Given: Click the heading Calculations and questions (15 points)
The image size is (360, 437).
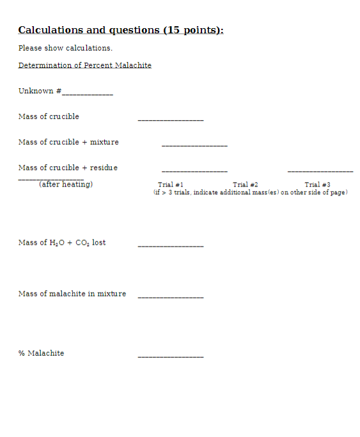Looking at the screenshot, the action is tap(121, 30).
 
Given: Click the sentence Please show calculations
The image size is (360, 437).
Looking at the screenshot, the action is tap(65, 48).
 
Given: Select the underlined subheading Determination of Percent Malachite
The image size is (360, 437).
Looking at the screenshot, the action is tap(85, 65).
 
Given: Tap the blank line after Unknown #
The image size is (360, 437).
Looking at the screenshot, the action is tap(87, 94).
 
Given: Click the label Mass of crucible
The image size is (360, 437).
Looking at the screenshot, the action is tap(49, 116).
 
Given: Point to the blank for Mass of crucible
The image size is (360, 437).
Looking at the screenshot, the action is tap(171, 120).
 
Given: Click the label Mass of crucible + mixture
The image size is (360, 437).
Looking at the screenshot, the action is tap(68, 142).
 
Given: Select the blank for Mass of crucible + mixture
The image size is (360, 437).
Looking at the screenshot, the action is tap(194, 146).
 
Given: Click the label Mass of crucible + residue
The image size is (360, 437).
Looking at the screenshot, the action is tap(68, 167).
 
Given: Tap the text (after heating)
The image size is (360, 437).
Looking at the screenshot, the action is tap(66, 184).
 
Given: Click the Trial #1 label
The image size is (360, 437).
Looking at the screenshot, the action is tap(171, 184).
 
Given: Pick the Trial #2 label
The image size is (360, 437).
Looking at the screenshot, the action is tap(246, 184).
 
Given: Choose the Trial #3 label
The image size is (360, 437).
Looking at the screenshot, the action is tap(317, 184).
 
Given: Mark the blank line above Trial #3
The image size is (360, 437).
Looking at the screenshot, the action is tap(320, 171).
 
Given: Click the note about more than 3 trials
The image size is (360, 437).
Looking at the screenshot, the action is tap(251, 192).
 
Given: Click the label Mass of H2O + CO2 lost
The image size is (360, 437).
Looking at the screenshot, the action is tap(62, 243).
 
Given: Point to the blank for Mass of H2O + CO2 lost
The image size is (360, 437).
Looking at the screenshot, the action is tap(171, 246).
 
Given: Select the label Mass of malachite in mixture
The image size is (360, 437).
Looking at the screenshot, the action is tap(72, 294).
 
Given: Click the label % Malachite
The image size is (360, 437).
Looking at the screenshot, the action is tap(41, 353).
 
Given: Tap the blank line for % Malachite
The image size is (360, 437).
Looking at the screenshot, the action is tap(171, 356).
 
